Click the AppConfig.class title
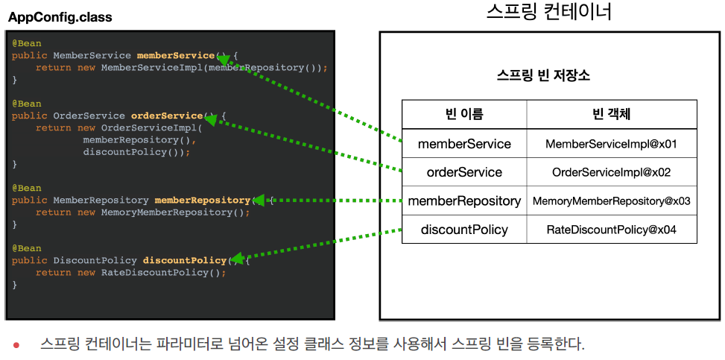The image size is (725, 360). point(60,17)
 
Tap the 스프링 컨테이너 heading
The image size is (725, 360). point(548,13)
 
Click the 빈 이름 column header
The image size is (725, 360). point(464,114)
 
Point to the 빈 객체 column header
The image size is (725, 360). point(611,114)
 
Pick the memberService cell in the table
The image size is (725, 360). point(464,143)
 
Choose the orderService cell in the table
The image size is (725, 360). point(464,172)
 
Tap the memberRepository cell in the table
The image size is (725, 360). point(464,200)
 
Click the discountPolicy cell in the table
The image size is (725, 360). point(464,230)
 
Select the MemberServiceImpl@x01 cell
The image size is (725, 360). point(611,143)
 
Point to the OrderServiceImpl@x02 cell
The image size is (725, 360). point(611,172)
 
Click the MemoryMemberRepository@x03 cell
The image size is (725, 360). point(611,200)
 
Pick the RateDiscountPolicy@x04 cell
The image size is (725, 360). point(611,230)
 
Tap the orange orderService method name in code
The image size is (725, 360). point(167,116)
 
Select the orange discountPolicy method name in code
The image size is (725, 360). point(185,260)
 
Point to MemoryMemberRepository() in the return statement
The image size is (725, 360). point(172,212)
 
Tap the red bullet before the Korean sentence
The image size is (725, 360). point(16,345)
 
